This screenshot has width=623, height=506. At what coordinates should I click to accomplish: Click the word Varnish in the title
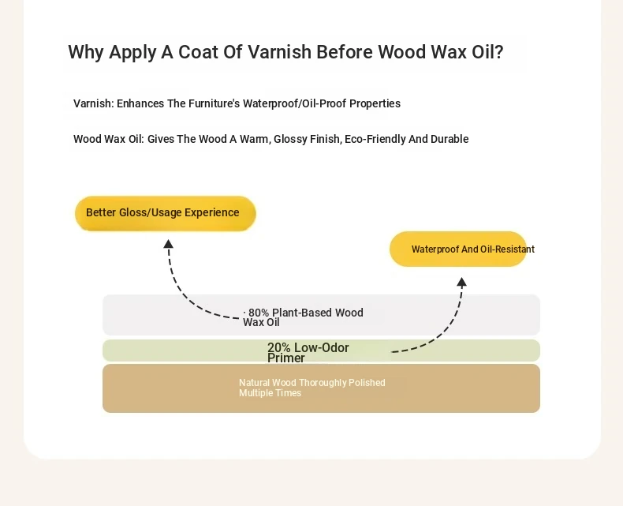(x=279, y=52)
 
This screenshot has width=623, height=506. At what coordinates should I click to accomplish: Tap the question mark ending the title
(x=499, y=52)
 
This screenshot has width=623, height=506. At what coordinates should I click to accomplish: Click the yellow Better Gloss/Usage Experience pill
(x=166, y=213)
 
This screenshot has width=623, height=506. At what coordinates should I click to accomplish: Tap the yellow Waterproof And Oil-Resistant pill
(x=458, y=249)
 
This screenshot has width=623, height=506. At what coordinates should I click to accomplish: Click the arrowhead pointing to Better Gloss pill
(x=168, y=244)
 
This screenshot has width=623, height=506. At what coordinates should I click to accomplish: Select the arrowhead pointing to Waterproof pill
(x=461, y=283)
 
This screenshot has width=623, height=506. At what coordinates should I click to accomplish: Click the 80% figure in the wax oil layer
(x=259, y=313)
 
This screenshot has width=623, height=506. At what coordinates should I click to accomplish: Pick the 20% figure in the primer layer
(x=279, y=347)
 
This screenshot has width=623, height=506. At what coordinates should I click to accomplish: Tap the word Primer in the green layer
(x=286, y=358)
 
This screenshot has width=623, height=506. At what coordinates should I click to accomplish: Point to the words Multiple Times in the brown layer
(x=270, y=393)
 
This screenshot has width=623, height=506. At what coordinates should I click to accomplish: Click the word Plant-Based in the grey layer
(x=302, y=313)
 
